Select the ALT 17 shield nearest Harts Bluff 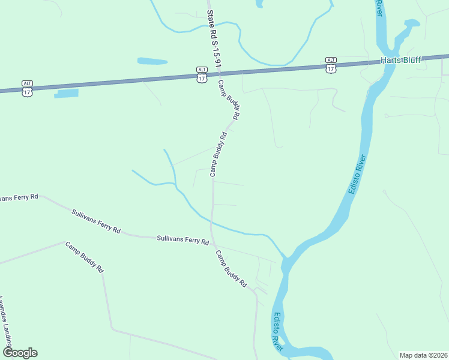click(331, 65)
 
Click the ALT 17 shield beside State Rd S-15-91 click(202, 74)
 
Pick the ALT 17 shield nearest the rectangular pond click(27, 88)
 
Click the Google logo click(19, 353)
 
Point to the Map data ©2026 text click(424, 355)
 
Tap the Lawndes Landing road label click(5, 324)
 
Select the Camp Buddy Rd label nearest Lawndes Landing click(84, 257)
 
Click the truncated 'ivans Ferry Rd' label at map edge click(19, 197)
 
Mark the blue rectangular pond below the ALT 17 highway click(66, 94)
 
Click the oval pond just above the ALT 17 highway click(152, 61)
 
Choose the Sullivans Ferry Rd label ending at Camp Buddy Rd click(182, 239)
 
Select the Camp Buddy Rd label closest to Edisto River click(231, 268)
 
